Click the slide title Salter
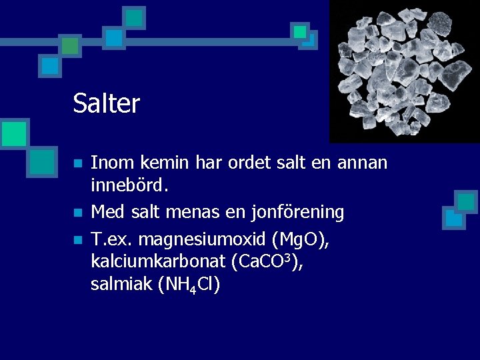[107, 104]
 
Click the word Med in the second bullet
[107, 213]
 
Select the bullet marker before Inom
[78, 163]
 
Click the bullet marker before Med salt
[78, 213]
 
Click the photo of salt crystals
[404, 71]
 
